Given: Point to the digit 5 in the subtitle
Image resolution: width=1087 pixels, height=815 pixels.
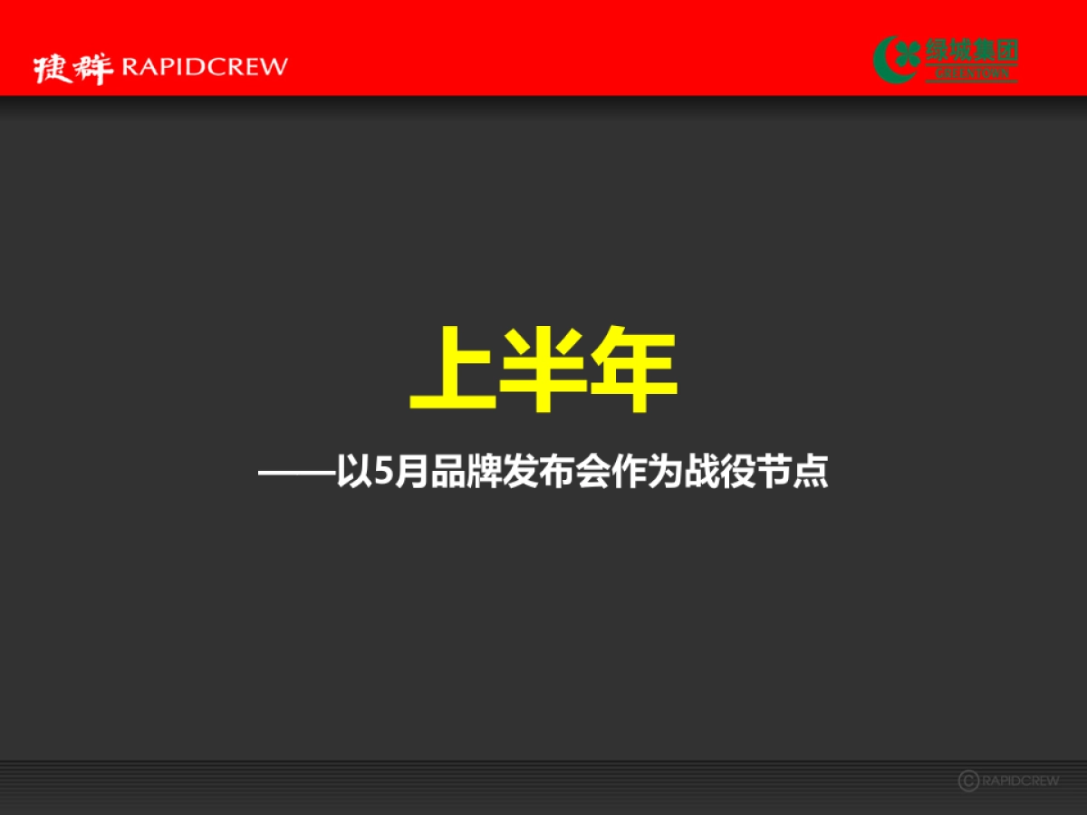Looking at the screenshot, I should pos(380,474).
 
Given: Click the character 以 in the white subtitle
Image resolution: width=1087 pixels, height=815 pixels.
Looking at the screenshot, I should pos(353,474).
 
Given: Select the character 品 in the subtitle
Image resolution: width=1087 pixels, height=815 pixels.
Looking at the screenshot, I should pos(447,474).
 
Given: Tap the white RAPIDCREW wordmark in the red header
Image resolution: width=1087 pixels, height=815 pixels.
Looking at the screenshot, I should pos(204,66).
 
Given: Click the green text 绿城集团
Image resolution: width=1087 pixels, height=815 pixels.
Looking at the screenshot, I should pos(971,51).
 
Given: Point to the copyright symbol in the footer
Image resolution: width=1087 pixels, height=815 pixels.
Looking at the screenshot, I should pos(968,781).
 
